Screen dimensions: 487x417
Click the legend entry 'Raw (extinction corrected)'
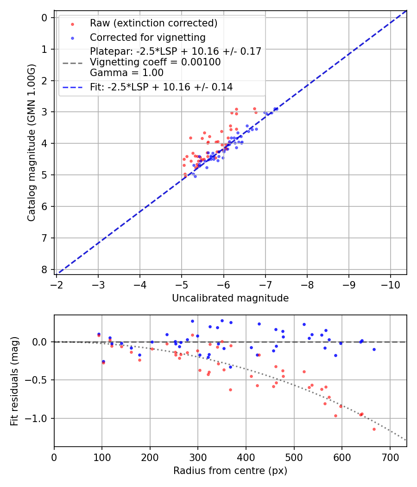153,23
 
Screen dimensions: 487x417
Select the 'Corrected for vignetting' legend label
147,37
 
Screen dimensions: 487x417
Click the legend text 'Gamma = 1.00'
126,73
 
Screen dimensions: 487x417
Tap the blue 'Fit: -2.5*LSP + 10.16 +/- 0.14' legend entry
161,87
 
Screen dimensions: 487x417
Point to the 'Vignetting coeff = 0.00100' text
155,62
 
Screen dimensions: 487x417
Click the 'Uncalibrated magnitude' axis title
230,298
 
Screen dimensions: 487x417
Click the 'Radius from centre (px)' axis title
230,471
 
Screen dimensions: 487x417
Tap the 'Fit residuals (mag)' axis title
14,381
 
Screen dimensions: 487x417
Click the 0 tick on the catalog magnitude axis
45,18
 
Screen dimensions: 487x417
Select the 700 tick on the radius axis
390,456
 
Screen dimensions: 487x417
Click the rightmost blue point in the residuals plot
374,349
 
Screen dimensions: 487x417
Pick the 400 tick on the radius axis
246,456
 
